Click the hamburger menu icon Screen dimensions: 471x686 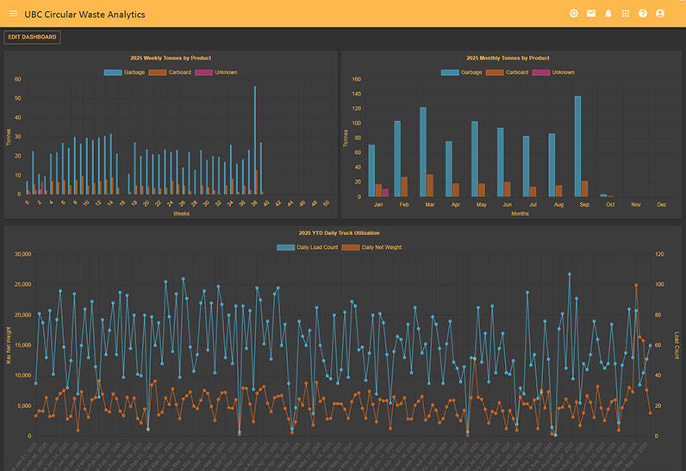13,14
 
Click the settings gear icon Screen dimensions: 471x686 574,14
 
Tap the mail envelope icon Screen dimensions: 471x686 591,14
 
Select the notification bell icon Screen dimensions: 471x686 608,14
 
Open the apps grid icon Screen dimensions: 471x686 626,14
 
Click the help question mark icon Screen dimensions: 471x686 643,14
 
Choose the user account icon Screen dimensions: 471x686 660,14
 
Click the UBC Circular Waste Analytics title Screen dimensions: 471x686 84,14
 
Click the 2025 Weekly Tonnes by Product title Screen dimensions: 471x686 171,59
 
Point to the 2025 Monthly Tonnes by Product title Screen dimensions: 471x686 508,59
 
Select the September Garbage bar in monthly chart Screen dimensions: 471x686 577,146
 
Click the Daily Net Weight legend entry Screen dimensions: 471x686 371,247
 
